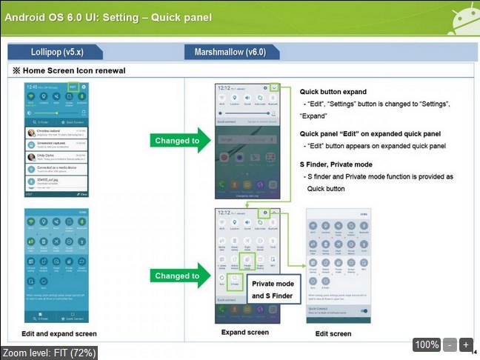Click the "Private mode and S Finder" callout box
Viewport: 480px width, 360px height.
click(273, 290)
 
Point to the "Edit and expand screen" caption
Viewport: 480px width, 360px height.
click(59, 334)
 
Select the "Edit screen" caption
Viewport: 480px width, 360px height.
click(333, 333)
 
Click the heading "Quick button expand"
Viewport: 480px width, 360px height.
click(333, 91)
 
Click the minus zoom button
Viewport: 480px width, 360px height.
click(450, 344)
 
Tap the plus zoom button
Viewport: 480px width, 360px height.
click(466, 344)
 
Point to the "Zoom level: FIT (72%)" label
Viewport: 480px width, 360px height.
click(49, 353)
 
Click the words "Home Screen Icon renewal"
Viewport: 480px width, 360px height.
click(74, 70)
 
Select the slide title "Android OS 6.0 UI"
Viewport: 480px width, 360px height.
click(108, 16)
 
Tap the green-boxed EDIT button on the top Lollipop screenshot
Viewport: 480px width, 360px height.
click(73, 87)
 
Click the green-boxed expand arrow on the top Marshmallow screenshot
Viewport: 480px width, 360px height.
click(275, 87)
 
